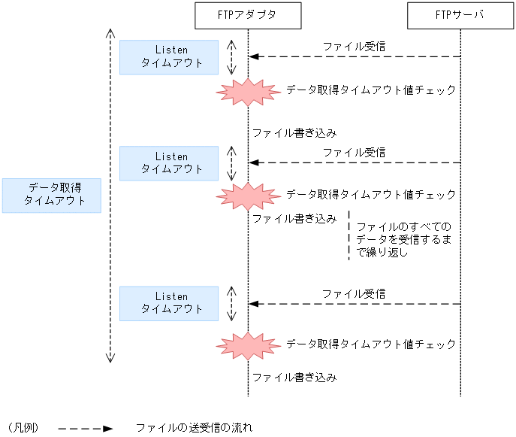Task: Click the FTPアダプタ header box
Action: click(248, 16)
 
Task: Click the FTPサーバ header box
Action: click(460, 16)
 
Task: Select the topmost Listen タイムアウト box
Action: click(169, 57)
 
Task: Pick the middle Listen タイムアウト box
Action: click(169, 163)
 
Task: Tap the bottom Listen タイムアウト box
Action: click(169, 303)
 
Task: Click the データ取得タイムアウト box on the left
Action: click(51, 195)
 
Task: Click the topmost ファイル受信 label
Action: click(355, 47)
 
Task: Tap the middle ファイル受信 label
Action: click(355, 153)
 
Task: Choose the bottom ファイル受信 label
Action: click(355, 294)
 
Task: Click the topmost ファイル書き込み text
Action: click(294, 133)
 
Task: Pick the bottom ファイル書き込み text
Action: click(294, 377)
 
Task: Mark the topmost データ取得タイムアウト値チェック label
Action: click(371, 90)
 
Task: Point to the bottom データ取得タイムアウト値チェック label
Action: click(371, 344)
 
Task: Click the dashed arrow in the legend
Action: click(85, 428)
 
